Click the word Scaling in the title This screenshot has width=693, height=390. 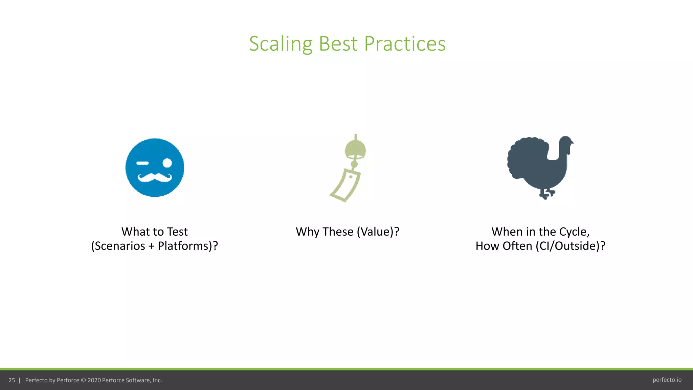pyautogui.click(x=281, y=44)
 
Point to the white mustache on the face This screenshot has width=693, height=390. pyautogui.click(x=155, y=177)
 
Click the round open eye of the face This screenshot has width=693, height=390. pyautogui.click(x=167, y=163)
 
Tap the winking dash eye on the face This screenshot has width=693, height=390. pyautogui.click(x=142, y=163)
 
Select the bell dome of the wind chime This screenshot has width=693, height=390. pyautogui.click(x=355, y=149)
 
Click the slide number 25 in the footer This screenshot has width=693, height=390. pyautogui.click(x=12, y=380)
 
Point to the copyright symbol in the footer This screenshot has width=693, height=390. pyautogui.click(x=83, y=380)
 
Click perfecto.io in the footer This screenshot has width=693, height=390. pyautogui.click(x=667, y=380)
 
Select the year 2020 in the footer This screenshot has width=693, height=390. pyautogui.click(x=94, y=380)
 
